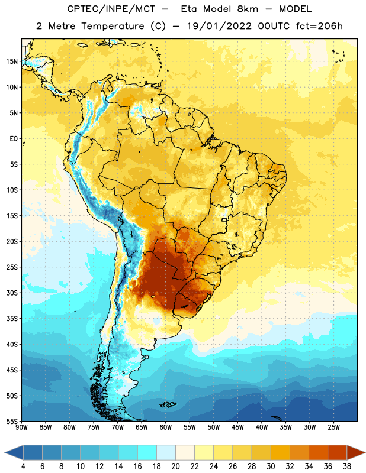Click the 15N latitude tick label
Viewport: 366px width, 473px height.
12,61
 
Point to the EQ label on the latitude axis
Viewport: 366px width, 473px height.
14,139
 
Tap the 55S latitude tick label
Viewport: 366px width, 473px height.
12,422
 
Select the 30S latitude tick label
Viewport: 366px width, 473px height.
12,293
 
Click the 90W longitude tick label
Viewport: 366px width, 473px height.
21,427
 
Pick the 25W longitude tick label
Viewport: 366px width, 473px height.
333,427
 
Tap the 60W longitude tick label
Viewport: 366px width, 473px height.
166,427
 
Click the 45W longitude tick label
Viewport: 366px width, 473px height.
237,427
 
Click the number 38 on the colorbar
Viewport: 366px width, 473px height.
347,466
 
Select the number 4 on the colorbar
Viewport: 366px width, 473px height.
23,466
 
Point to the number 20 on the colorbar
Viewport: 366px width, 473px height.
175,466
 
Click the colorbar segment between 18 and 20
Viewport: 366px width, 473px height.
166,452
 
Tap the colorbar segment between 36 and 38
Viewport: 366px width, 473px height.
338,452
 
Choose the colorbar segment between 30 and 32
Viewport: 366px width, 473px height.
280,452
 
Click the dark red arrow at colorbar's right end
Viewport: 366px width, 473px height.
356,452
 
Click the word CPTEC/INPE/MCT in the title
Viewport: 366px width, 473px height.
111,9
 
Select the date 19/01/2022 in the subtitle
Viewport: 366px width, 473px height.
219,26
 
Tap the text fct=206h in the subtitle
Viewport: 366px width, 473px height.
319,26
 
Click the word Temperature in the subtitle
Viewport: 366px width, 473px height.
113,27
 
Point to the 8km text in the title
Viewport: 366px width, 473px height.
248,9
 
